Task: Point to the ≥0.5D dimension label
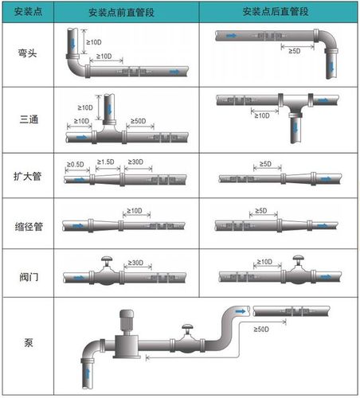click(76, 164)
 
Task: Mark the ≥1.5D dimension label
click(106, 162)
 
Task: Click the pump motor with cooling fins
click(126, 322)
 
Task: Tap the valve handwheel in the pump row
click(187, 328)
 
